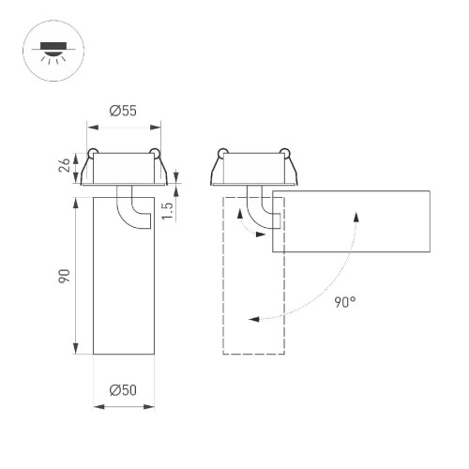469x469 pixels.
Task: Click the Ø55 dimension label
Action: pyautogui.click(x=123, y=111)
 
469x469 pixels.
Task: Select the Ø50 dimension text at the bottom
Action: pyautogui.click(x=123, y=390)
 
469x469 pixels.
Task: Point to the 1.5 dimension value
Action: pyautogui.click(x=168, y=211)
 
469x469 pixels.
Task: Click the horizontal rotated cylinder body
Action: pyautogui.click(x=352, y=221)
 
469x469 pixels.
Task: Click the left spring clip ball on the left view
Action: pyautogui.click(x=93, y=152)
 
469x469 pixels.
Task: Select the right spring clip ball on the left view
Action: pyautogui.click(x=153, y=152)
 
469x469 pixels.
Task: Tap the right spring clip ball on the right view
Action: pyautogui.click(x=283, y=152)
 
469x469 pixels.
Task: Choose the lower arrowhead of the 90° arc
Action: pyautogui.click(x=253, y=320)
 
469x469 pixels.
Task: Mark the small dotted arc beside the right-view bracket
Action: pyautogui.click(x=241, y=222)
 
